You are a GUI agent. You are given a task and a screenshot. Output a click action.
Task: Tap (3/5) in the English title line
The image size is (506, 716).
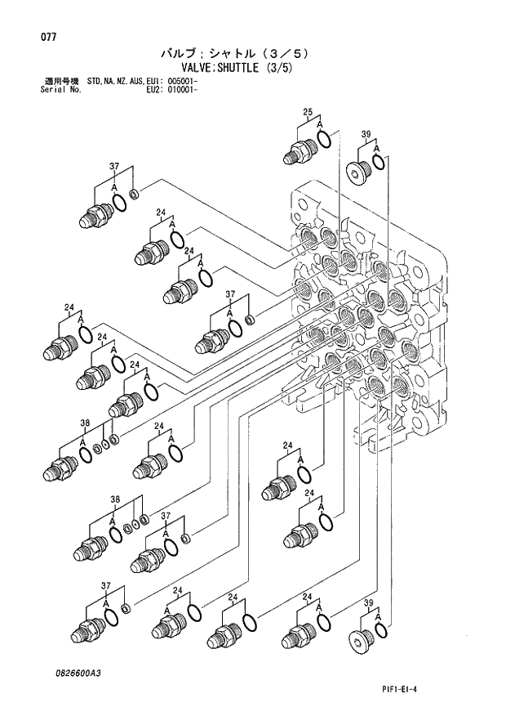point(277,69)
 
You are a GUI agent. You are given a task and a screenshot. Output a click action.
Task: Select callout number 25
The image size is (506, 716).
point(308,112)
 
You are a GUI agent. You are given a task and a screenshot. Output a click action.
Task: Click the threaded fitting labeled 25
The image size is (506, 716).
point(301,151)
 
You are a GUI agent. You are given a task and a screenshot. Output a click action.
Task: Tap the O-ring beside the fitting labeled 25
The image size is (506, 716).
point(324,141)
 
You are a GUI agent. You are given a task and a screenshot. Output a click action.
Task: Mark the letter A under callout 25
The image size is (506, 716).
point(320,126)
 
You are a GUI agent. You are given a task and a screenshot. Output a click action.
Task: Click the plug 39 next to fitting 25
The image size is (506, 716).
point(357,171)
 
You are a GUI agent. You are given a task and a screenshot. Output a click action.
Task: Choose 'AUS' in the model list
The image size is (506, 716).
point(138,82)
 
